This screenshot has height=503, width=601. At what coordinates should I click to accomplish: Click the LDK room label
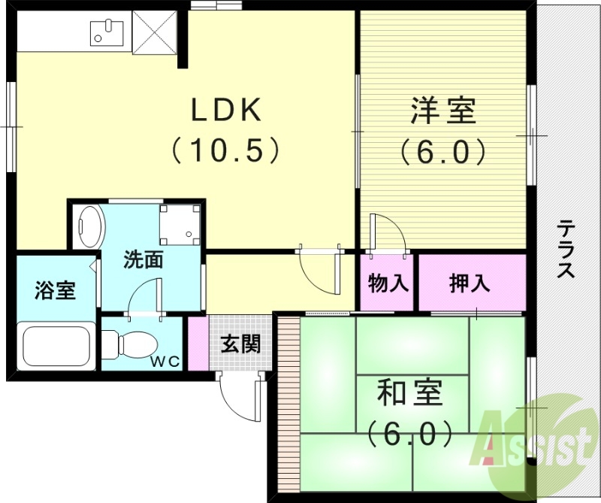[225, 111]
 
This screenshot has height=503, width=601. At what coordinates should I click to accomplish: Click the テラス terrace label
[566, 249]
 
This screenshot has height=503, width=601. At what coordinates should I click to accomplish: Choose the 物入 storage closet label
[388, 283]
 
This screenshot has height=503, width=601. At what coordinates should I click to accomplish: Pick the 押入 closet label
[470, 283]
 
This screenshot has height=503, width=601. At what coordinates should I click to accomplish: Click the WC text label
[167, 362]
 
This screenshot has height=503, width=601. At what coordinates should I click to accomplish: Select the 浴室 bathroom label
[55, 290]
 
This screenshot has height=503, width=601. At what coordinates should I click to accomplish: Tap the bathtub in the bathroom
[56, 344]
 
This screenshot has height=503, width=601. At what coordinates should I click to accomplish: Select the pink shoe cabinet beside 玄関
[197, 343]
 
